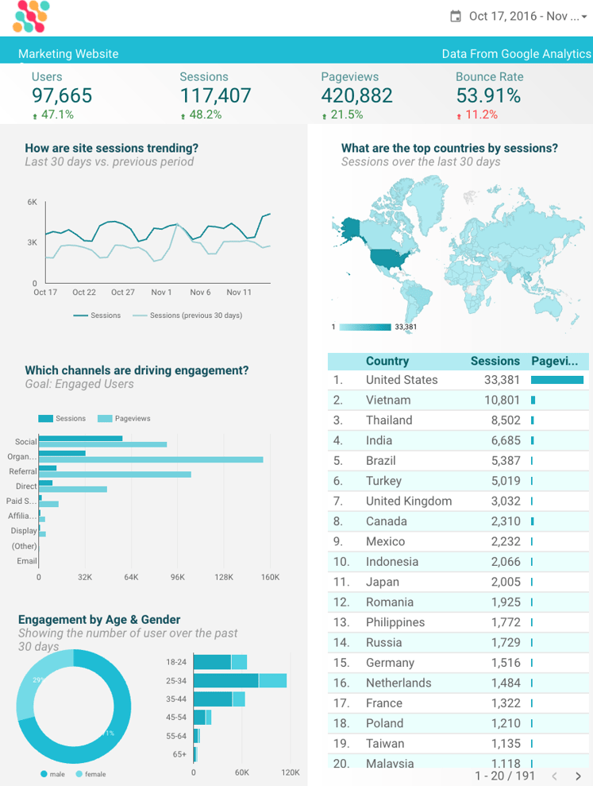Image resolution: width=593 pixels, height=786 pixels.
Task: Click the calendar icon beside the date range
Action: coord(456,16)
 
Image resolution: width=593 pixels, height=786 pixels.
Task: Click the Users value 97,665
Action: coord(62,96)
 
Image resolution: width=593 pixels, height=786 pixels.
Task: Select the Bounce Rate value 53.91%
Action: coord(488,96)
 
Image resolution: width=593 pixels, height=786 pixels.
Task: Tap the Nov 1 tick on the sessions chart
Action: coord(161,292)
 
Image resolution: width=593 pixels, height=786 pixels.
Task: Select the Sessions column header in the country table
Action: coord(495,361)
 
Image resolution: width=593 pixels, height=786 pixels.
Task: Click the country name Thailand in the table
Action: coord(389,420)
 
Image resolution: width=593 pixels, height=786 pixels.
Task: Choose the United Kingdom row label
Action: coord(408,501)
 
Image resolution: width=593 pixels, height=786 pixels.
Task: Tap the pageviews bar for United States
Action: coord(556,380)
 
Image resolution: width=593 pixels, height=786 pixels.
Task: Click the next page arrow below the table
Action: coord(579,776)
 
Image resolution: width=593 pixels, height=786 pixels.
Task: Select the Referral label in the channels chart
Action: coord(23,471)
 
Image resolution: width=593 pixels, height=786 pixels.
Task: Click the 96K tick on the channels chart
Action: coord(177,577)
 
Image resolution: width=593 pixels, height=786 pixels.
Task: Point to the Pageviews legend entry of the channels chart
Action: coord(132,418)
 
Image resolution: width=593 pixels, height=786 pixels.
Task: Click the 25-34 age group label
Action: coord(176,681)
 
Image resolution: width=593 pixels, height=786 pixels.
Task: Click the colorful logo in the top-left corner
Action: coord(31,17)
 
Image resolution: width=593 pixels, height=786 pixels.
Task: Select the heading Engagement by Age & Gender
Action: coord(99,620)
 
